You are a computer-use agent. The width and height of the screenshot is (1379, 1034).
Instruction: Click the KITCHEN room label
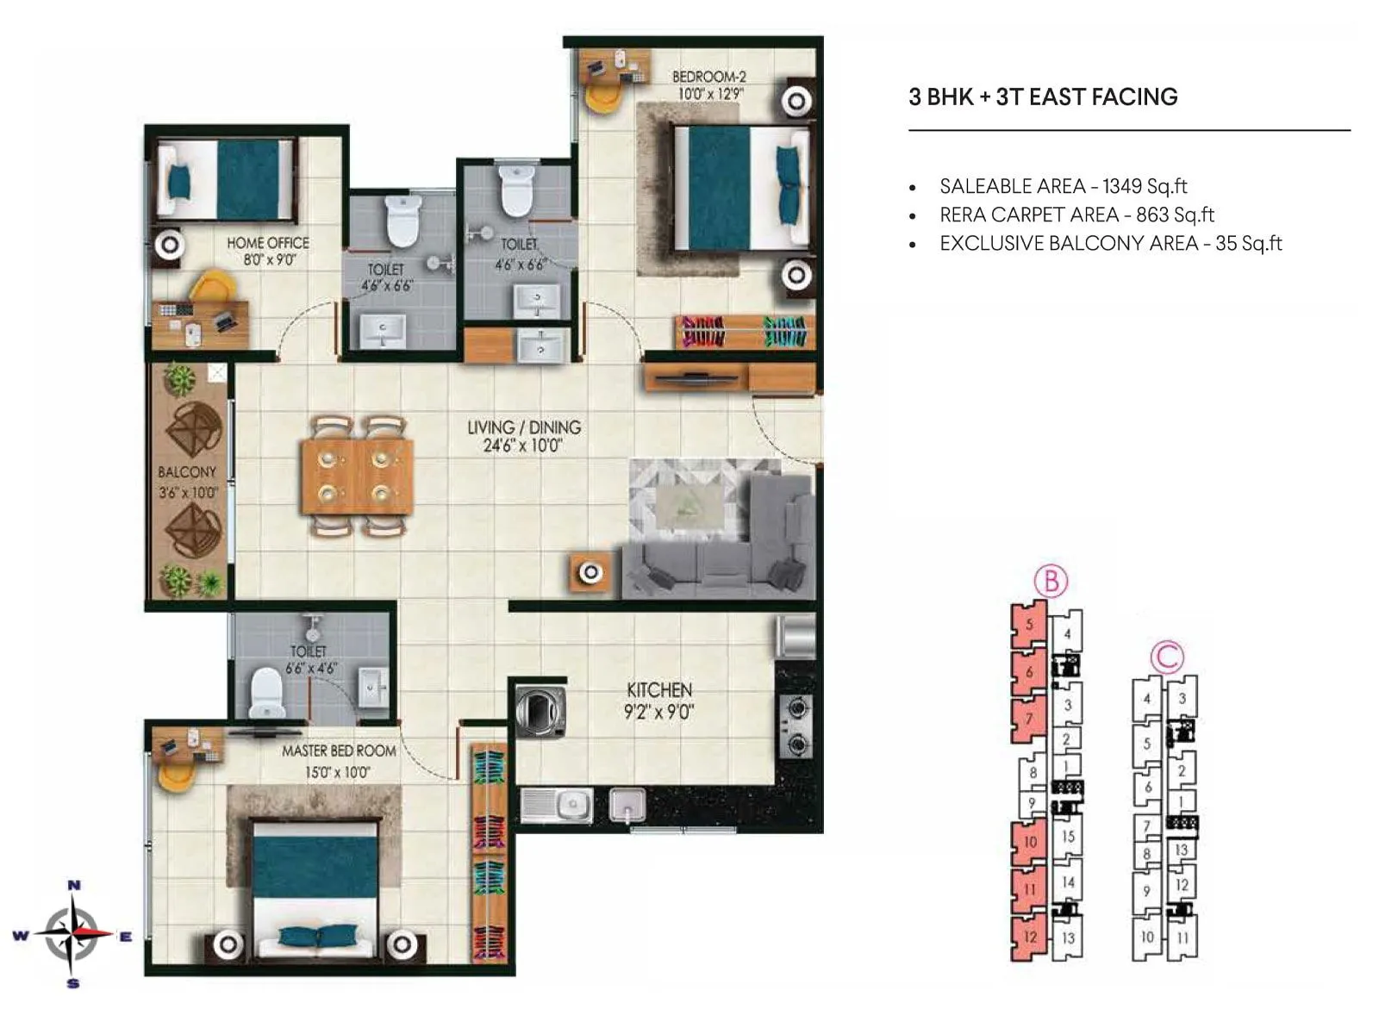click(659, 690)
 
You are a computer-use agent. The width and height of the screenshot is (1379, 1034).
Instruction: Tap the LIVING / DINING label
click(524, 427)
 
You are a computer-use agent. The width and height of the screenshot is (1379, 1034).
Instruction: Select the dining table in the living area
click(357, 477)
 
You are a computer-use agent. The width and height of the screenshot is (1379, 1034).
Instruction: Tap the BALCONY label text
click(187, 472)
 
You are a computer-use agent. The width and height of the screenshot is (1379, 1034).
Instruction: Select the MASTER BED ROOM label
click(339, 751)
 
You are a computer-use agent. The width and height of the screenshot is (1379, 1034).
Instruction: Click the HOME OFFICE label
click(267, 243)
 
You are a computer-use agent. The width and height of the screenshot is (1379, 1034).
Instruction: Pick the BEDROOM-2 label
click(708, 77)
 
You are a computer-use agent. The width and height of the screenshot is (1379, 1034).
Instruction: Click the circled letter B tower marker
click(1051, 582)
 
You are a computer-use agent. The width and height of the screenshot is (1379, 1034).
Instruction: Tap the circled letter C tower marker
click(1167, 657)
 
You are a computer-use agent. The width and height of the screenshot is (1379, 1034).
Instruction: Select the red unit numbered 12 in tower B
click(1029, 937)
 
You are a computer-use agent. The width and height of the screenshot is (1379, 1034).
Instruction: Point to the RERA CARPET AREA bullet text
click(1076, 215)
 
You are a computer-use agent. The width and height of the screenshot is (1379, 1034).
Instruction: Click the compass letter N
click(74, 885)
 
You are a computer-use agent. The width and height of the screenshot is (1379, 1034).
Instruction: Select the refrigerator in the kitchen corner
click(796, 637)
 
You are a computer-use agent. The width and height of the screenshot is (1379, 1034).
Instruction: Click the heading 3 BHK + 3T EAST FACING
click(1043, 97)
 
